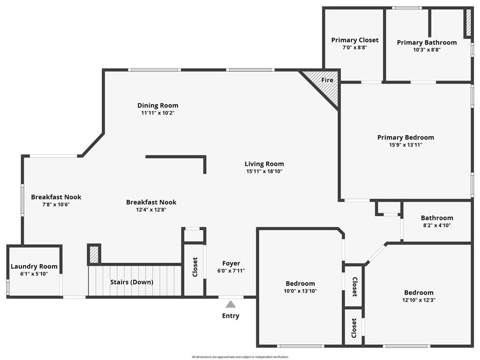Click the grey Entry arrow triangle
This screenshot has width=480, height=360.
tap(231, 304)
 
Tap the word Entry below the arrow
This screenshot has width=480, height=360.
tap(231, 316)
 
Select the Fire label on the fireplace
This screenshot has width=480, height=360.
tap(327, 80)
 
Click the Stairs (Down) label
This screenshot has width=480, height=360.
tap(132, 282)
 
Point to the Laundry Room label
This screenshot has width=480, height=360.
tap(34, 266)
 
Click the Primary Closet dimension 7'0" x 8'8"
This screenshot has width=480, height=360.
tap(355, 47)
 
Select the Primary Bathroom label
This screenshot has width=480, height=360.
tap(427, 43)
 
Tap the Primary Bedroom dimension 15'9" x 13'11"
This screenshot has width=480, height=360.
tap(405, 145)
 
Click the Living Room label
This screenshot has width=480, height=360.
tap(264, 164)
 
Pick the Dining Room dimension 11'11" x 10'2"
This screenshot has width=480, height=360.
tap(157, 112)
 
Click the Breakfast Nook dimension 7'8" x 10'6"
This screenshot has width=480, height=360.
tap(56, 204)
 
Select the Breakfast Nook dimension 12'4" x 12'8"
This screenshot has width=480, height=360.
tap(151, 210)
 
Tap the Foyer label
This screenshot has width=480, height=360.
tap(231, 263)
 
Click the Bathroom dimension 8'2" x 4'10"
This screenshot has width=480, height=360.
tap(437, 225)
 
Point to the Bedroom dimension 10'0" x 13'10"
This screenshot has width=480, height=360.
tap(300, 291)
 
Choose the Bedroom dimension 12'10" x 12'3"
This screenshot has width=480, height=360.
tap(419, 300)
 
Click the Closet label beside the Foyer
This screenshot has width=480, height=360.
tap(195, 267)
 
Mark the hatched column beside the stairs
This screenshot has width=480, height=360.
tap(94, 255)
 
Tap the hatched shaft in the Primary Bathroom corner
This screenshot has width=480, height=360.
tap(468, 22)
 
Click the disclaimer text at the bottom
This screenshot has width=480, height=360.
tap(240, 357)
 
